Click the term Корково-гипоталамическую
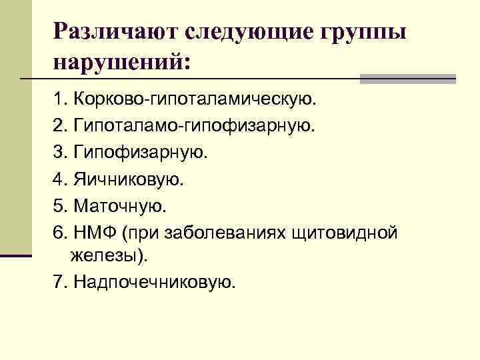[197, 101]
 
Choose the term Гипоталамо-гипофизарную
[193, 127]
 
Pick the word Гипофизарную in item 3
[141, 153]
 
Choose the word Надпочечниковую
[155, 282]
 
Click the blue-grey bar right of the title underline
[407, 79]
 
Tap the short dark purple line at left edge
[16, 255]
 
